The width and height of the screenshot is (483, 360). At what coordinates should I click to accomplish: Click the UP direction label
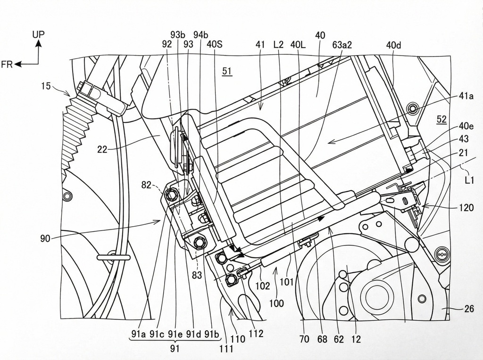click(x=39, y=34)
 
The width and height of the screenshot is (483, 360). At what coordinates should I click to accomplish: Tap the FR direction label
click(x=7, y=65)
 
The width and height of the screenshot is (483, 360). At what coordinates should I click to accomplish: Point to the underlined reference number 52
click(x=441, y=120)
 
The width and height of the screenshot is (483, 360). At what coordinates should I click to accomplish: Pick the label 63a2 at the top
click(x=342, y=45)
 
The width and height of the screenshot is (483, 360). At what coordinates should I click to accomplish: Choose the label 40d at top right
click(x=393, y=45)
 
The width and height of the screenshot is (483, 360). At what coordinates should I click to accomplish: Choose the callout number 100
click(x=276, y=303)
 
